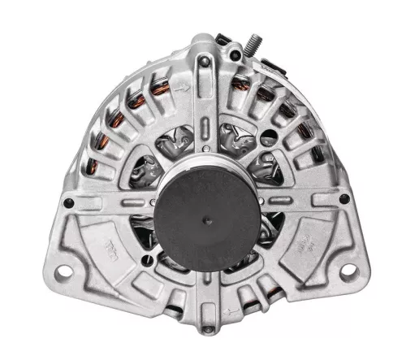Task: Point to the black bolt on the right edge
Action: [344, 198]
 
